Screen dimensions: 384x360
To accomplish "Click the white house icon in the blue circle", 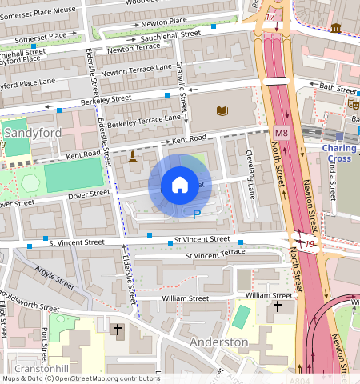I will pyautogui.click(x=180, y=185).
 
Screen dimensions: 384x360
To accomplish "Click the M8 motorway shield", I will pyautogui.click(x=281, y=132).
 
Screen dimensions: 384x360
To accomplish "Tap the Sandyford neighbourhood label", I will pyautogui.click(x=26, y=130).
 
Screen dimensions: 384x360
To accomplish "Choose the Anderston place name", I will pyautogui.click(x=219, y=342).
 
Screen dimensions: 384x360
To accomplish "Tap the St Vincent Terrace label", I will pyautogui.click(x=215, y=254).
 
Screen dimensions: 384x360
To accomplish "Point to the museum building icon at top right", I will pyautogui.click(x=335, y=29).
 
